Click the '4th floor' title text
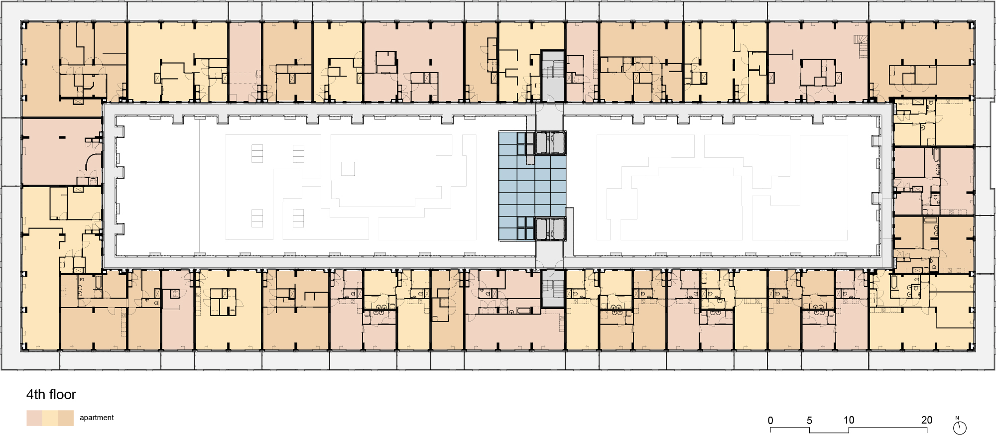point(51,395)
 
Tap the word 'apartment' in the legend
point(97,418)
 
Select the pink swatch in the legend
point(34,418)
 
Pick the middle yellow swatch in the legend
point(50,418)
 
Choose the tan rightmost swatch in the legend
point(66,418)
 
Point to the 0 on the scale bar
point(770,421)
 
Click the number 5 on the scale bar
point(809,421)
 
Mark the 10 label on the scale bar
point(849,420)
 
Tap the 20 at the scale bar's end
point(926,420)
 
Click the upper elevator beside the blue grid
point(550,143)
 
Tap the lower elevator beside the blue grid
point(550,229)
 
